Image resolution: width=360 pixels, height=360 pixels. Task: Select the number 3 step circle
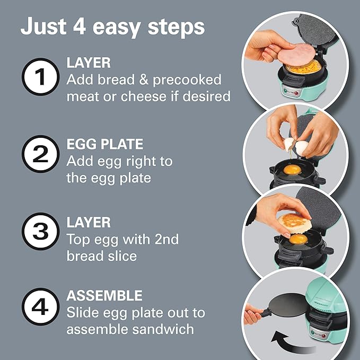tap(40, 232)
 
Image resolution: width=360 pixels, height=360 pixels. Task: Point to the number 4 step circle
tap(40, 307)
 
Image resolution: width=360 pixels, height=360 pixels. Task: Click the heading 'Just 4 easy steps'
tap(112, 27)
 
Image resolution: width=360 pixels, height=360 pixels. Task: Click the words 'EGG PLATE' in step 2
tap(105, 144)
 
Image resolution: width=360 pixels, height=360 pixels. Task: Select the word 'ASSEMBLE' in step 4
tap(104, 295)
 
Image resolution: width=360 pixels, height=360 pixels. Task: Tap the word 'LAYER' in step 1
tap(88, 63)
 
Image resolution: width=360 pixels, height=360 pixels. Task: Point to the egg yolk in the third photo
tap(297, 240)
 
